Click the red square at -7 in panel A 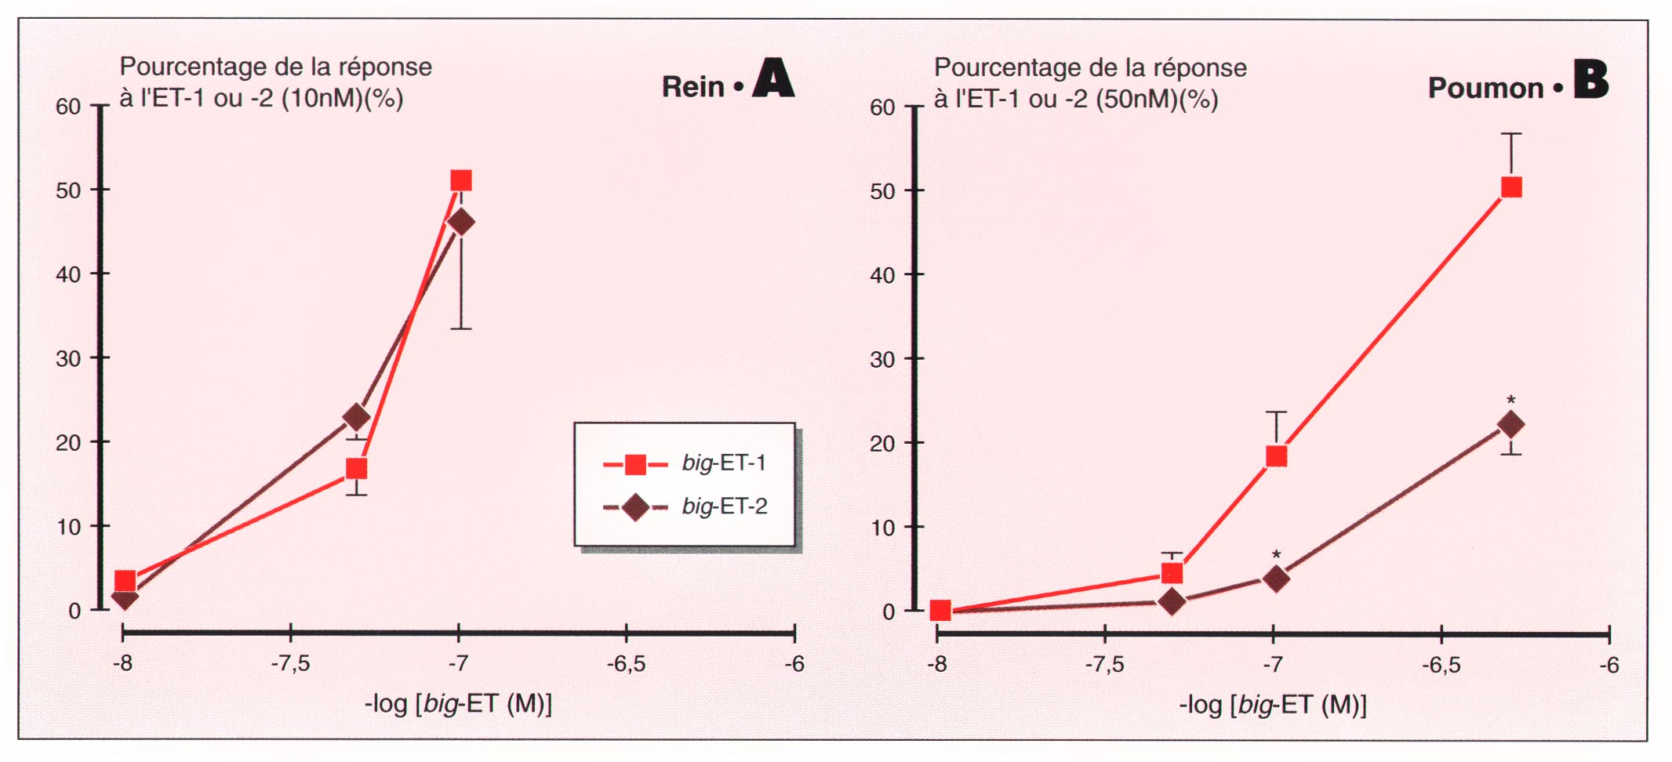pos(461,180)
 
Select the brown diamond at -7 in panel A pos(461,223)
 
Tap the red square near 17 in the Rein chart pos(357,469)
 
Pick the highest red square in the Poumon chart pos(1511,187)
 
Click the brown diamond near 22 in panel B pos(1511,425)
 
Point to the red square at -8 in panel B pos(940,610)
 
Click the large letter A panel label pos(773,79)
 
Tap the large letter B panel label pos(1590,80)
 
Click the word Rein pos(692,87)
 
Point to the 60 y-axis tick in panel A pos(68,107)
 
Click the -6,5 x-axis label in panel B pos(1441,666)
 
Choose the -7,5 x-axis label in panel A pos(291,664)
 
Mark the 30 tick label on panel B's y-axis pos(882,360)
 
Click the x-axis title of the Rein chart pos(458,704)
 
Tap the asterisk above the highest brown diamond pos(1511,400)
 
